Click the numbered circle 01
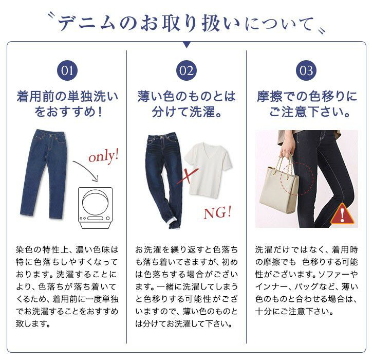[x=67, y=70]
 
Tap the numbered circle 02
[x=186, y=70]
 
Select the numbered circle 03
[x=306, y=70]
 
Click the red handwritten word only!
[x=103, y=156]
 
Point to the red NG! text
[x=217, y=212]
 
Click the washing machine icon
[x=95, y=208]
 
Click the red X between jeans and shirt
[x=188, y=176]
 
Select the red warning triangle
[x=342, y=214]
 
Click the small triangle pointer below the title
[x=186, y=45]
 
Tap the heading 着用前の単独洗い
[x=67, y=97]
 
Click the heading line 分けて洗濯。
[x=186, y=112]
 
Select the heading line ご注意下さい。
[x=309, y=112]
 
